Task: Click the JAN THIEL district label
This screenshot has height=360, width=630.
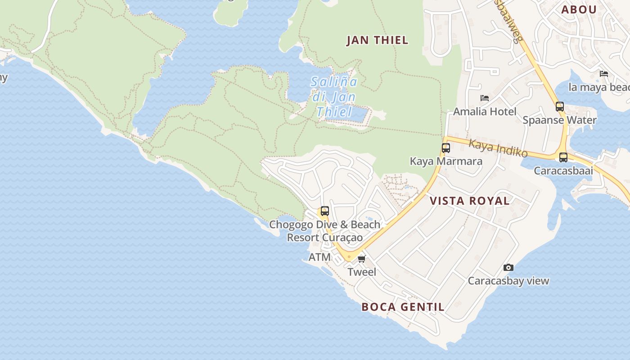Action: click(x=377, y=40)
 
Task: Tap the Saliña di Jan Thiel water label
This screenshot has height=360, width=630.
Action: click(x=335, y=97)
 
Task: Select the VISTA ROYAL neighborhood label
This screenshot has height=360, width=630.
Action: click(x=470, y=201)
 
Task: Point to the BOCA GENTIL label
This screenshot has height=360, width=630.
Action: click(x=403, y=307)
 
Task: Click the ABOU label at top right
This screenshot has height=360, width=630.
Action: click(x=579, y=9)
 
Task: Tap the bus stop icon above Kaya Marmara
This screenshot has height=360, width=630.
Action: click(x=446, y=148)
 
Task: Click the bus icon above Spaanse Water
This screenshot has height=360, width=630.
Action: click(x=560, y=107)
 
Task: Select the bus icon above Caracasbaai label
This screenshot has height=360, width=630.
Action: click(x=563, y=157)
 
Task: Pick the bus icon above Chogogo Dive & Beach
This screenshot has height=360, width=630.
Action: click(x=324, y=211)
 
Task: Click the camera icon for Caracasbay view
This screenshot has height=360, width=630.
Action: click(x=508, y=267)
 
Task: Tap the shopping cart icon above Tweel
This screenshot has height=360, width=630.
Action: click(x=362, y=259)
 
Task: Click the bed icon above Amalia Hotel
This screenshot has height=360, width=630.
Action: click(x=485, y=98)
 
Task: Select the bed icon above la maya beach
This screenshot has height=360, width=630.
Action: click(x=604, y=73)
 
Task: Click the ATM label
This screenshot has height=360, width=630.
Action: click(x=319, y=257)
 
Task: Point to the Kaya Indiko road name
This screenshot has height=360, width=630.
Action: click(x=498, y=148)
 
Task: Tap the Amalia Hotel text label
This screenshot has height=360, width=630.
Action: click(x=485, y=111)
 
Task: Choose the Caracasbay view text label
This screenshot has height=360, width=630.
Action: click(x=508, y=281)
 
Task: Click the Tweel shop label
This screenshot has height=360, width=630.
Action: click(x=362, y=272)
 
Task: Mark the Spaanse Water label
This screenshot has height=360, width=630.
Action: click(x=559, y=120)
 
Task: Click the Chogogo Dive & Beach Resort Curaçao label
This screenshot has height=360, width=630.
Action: click(x=325, y=231)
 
